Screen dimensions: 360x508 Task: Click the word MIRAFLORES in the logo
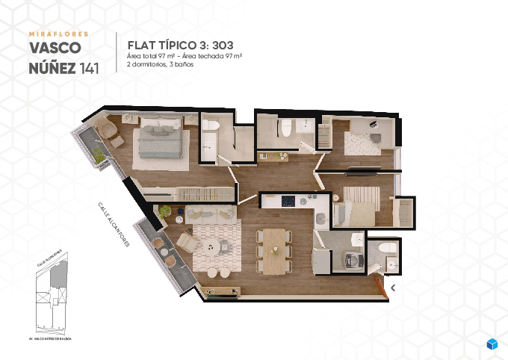coord(58,34)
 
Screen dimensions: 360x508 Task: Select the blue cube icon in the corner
coord(492,344)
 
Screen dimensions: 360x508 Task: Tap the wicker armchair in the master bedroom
coord(110,131)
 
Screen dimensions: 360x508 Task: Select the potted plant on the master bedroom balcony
coord(97,156)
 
